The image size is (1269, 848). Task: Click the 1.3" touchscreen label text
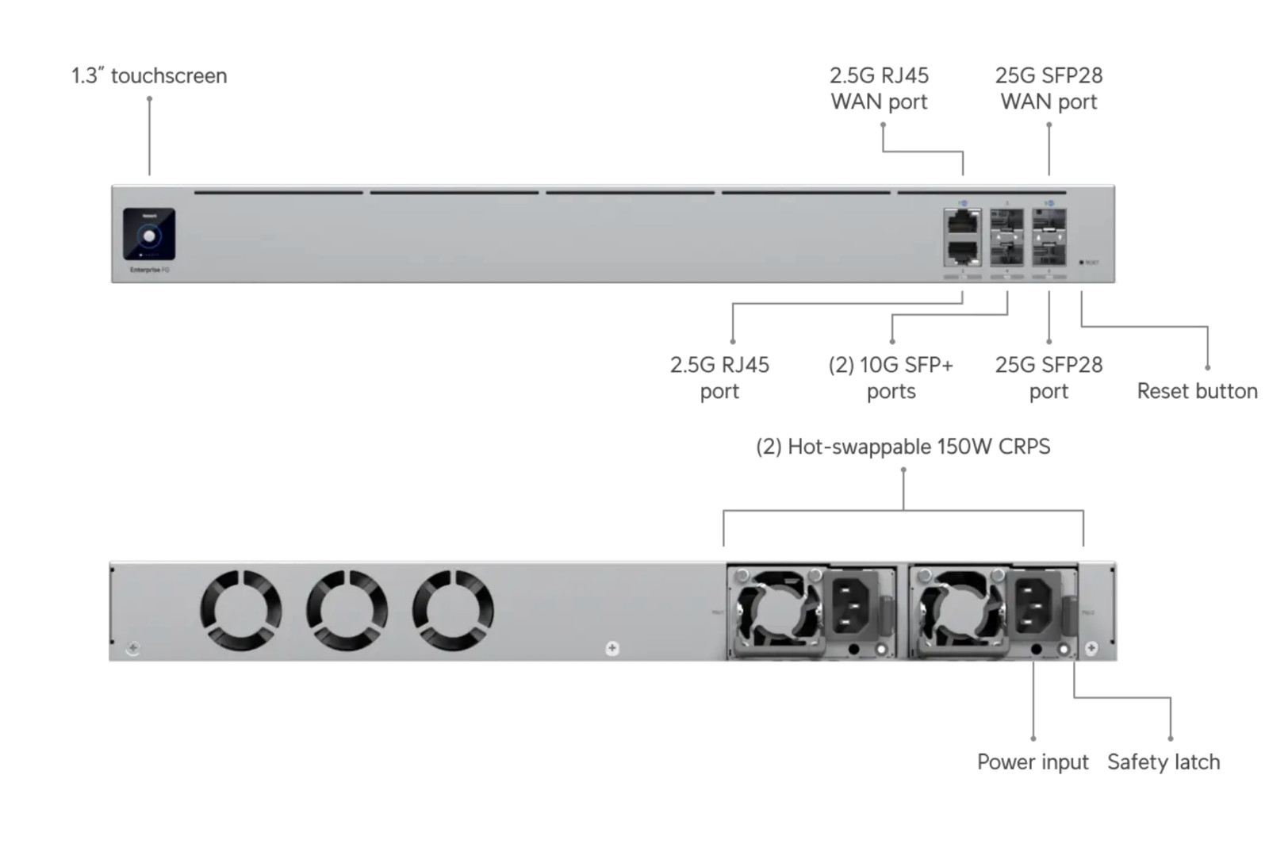(x=149, y=76)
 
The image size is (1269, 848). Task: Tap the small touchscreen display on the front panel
(x=149, y=234)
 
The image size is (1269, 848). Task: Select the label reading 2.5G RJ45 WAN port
(x=879, y=88)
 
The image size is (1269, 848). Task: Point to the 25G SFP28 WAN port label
(x=1049, y=88)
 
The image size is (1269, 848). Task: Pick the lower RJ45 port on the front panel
(x=962, y=253)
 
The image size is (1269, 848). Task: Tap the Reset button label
(x=1197, y=391)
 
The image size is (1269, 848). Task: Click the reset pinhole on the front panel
(x=1082, y=262)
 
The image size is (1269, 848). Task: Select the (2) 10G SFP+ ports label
(x=891, y=378)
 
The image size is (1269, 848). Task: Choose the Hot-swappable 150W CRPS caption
(x=903, y=447)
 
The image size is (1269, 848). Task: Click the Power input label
(x=1032, y=762)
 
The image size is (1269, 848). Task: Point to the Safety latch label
(x=1164, y=762)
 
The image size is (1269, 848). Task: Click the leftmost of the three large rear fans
(x=240, y=610)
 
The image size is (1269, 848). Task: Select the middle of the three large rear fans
(x=347, y=610)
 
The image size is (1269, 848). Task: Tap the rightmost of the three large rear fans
(x=453, y=610)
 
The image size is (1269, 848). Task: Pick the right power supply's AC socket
(x=1034, y=604)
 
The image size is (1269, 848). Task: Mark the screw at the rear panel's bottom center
(x=612, y=648)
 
